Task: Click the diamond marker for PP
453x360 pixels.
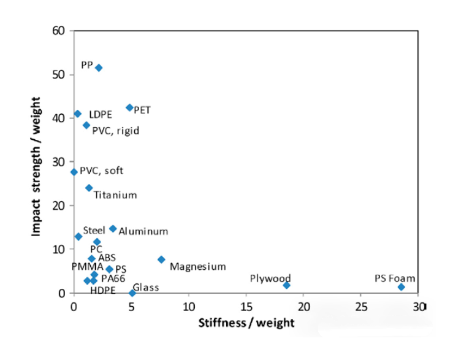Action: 99,67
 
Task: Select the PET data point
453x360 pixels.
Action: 129,107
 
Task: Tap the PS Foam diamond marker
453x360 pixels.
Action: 402,287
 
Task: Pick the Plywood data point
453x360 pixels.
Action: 286,285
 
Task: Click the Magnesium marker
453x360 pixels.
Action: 161,259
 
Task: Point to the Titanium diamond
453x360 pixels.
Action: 89,188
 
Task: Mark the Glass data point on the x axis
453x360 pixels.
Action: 132,293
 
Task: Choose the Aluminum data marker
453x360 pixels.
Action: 113,229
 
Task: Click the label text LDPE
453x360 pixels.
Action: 100,115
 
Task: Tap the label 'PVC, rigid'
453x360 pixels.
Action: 115,130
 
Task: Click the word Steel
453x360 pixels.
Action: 94,231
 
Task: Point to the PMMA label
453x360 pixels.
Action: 88,266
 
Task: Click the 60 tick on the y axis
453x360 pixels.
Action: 60,31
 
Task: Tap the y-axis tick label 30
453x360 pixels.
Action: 60,162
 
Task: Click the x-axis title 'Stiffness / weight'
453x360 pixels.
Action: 246,322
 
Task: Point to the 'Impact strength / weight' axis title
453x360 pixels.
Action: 36,166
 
